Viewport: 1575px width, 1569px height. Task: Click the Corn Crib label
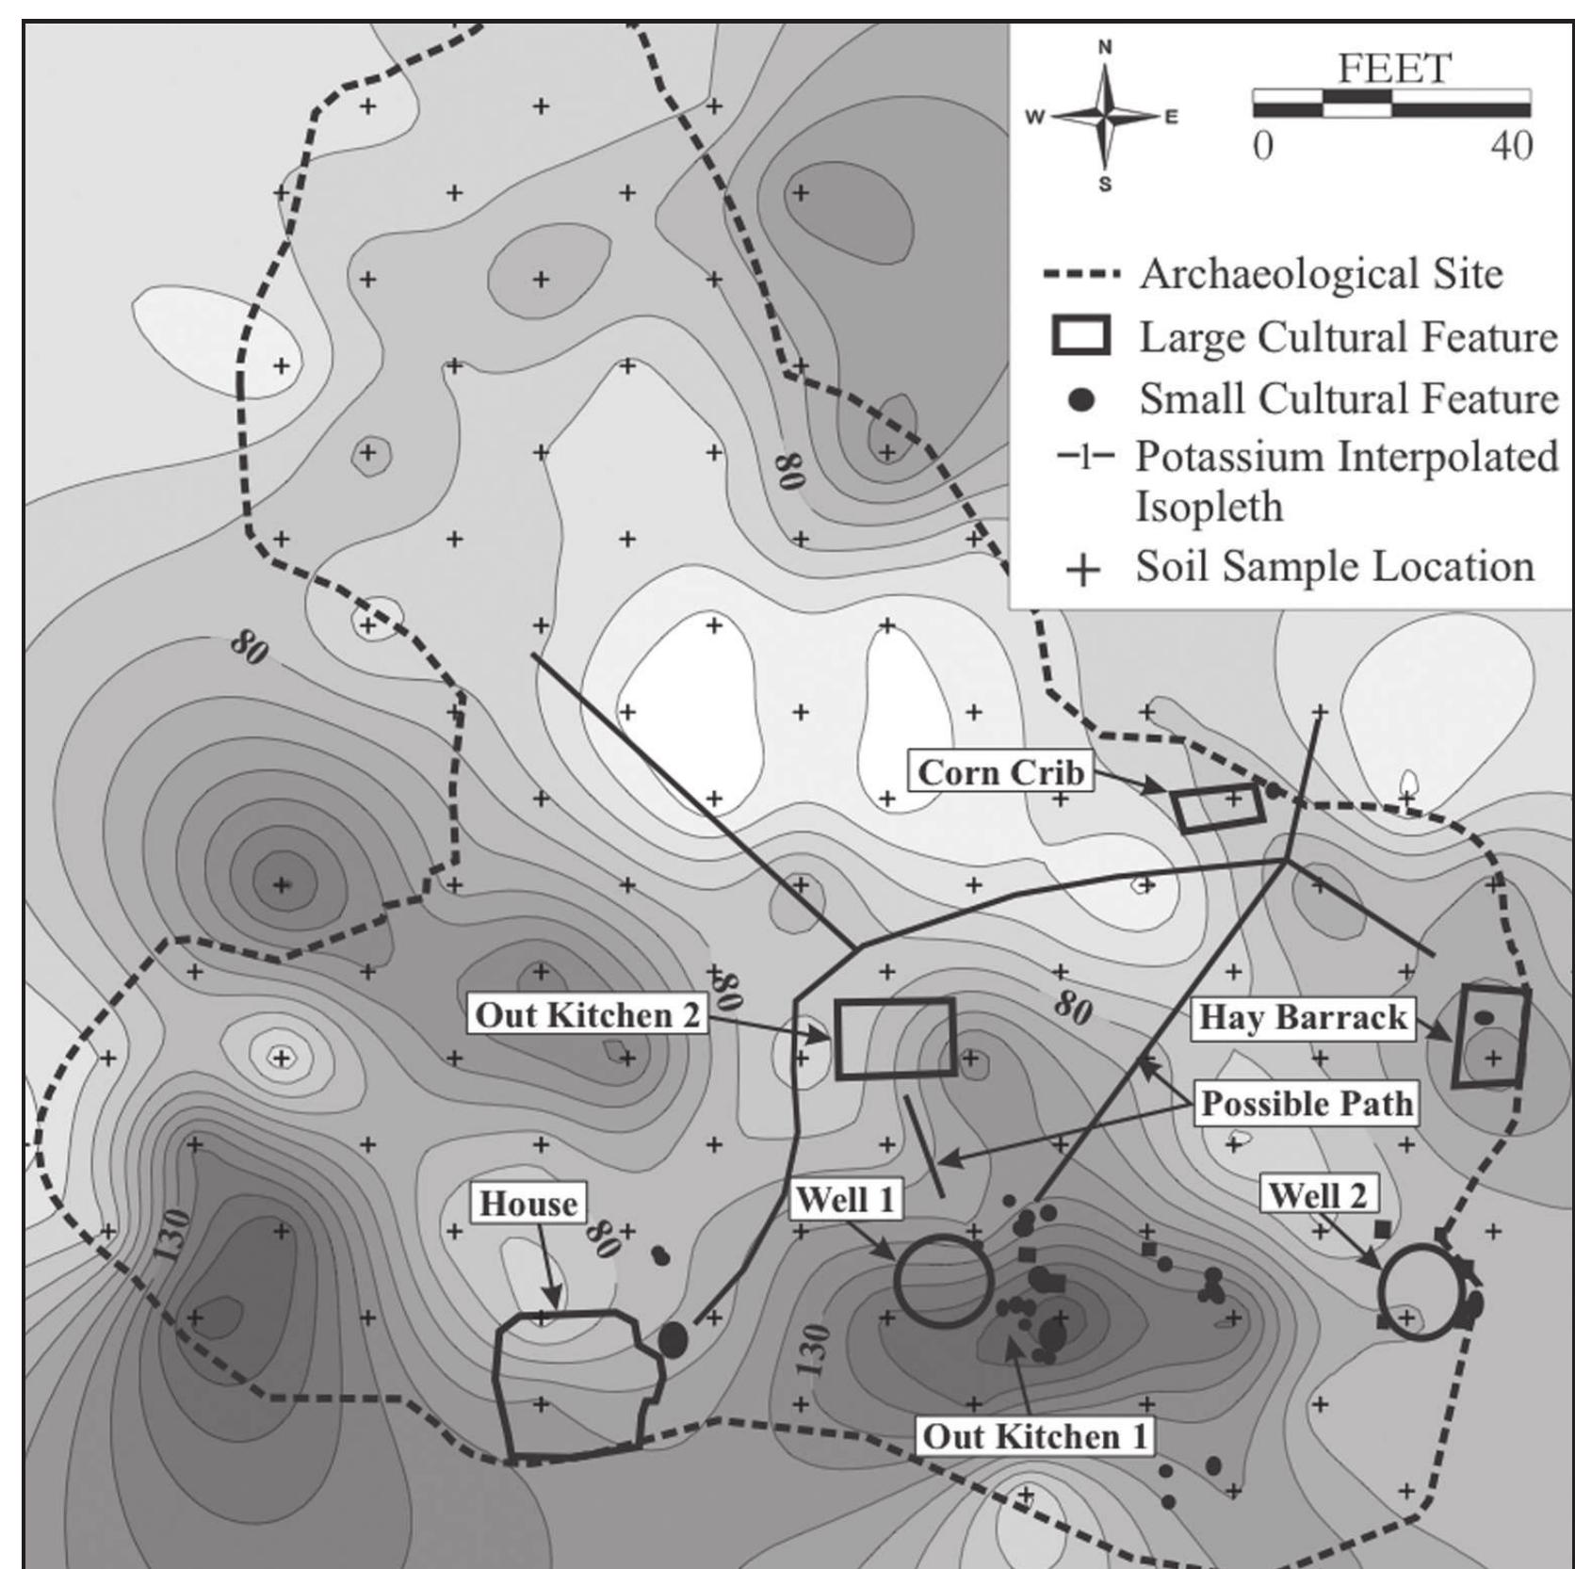(x=1000, y=772)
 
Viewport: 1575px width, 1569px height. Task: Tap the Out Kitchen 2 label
(x=588, y=1015)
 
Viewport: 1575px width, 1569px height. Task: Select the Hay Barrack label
(x=1303, y=1018)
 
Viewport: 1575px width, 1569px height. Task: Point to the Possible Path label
(x=1307, y=1104)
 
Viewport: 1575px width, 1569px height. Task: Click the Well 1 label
(x=845, y=1200)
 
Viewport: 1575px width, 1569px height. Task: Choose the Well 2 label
(x=1317, y=1195)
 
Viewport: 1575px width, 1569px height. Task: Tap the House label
(x=528, y=1204)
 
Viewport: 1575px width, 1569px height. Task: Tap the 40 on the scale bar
(x=1511, y=146)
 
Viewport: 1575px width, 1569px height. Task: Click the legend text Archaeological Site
(x=1321, y=274)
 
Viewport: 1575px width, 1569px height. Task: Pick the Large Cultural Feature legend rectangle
(x=1080, y=336)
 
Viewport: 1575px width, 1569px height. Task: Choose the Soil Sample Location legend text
(x=1334, y=567)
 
